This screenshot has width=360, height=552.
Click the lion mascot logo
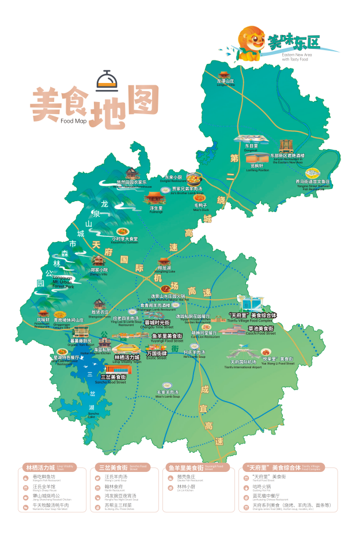tap(252, 43)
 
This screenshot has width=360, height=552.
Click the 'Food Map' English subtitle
tap(73, 120)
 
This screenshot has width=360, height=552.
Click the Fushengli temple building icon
tap(155, 199)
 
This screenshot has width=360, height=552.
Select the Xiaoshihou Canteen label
tap(125, 240)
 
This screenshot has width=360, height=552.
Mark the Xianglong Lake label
tap(164, 269)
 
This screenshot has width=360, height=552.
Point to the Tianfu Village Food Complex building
tap(251, 304)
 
